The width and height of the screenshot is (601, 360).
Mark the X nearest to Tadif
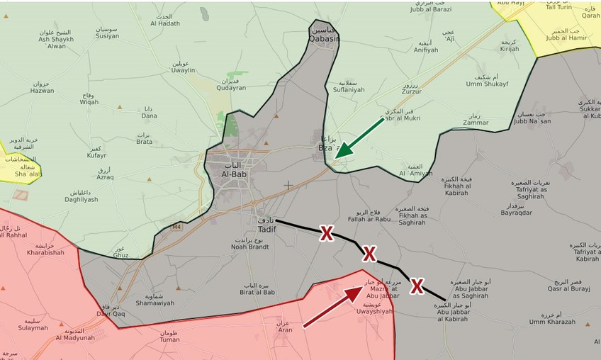(x=326, y=233)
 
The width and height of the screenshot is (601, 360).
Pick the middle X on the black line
(x=369, y=254)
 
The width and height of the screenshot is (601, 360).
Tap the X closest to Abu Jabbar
(x=417, y=286)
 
